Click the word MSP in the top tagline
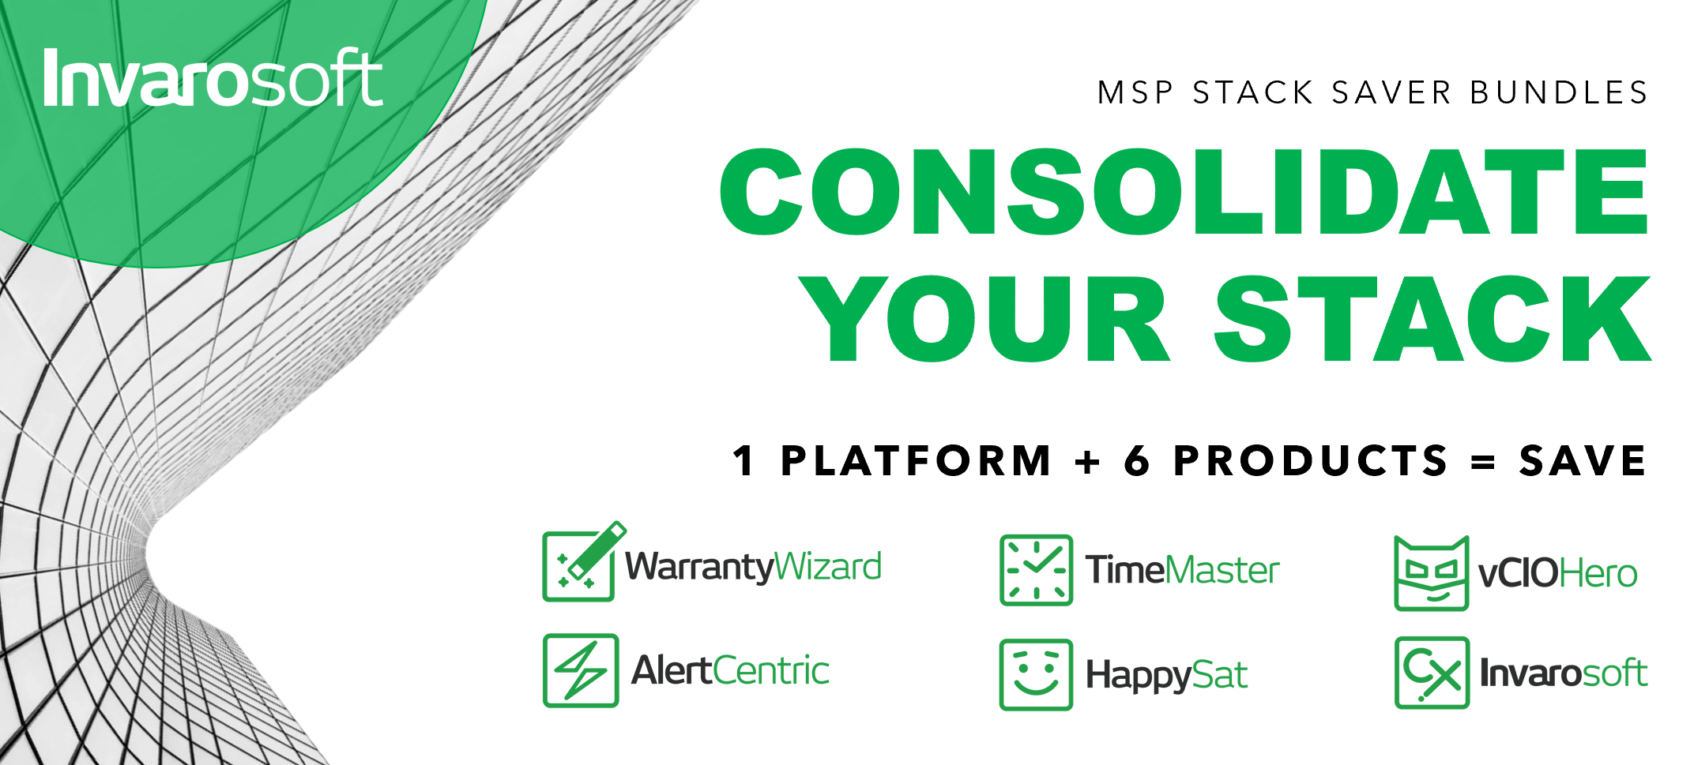click(1135, 93)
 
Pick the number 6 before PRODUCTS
click(1137, 460)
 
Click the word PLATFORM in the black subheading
click(917, 460)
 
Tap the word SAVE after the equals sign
click(1583, 460)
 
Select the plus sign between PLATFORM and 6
click(1088, 461)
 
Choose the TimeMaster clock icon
click(1036, 570)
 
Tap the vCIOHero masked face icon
click(1431, 573)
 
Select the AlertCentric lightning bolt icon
click(581, 670)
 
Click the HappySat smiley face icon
click(1036, 674)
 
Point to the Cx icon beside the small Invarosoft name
click(1432, 673)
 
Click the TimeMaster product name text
click(1182, 570)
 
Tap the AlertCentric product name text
click(730, 671)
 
